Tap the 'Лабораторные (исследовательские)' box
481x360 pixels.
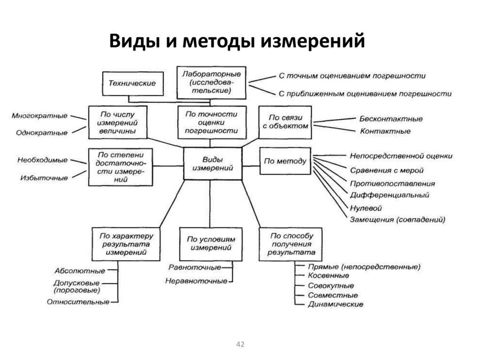point(211,83)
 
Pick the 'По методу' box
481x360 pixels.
point(285,161)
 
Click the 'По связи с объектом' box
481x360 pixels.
point(285,122)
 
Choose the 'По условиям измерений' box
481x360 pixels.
point(211,243)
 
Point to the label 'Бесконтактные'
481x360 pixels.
point(391,119)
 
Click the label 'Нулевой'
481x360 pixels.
point(365,208)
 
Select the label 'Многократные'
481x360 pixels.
point(39,116)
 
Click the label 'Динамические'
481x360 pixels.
point(335,304)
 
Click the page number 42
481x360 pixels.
point(240,345)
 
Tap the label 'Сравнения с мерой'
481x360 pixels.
point(387,170)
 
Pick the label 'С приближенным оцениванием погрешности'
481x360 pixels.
point(365,94)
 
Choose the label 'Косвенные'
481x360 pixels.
point(328,276)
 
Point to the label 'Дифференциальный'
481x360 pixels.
point(389,195)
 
